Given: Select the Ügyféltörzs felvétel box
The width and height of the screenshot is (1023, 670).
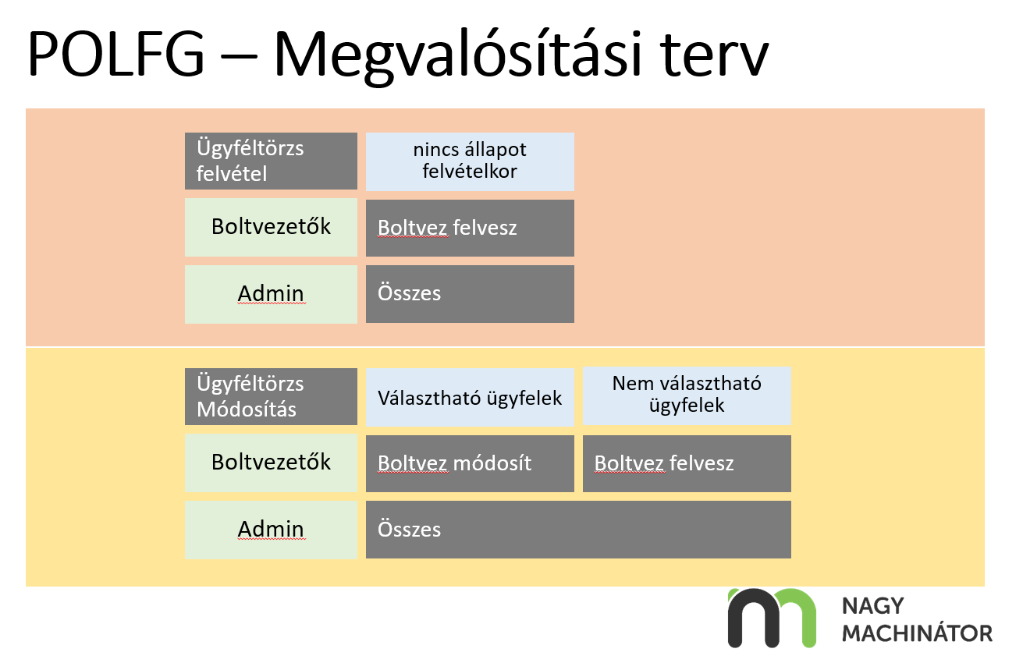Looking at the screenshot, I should [271, 161].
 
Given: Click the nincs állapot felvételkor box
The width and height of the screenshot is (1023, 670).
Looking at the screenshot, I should [470, 161].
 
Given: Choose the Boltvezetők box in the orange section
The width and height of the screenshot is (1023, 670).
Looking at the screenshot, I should [271, 227].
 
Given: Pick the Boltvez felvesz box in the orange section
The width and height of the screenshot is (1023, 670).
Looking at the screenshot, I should [470, 228].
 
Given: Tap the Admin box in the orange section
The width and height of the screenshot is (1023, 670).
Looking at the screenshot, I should [271, 294].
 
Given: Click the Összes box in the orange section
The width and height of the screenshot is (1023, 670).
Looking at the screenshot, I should [470, 294].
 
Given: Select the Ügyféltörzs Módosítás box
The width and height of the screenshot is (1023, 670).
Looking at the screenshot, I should [271, 396].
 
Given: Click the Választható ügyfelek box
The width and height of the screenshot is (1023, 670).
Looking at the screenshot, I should [470, 397].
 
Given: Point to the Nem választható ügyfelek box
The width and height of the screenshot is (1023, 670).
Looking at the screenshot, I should [687, 395].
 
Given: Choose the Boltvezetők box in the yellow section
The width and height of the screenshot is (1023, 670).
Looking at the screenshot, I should [271, 463].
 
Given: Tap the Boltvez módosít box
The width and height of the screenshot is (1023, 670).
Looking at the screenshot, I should [470, 463].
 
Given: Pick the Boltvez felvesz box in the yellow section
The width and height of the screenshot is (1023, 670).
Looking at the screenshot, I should [687, 463].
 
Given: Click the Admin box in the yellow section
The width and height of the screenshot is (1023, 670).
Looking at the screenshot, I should [271, 530].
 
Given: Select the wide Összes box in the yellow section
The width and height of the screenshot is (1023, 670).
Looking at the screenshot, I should [578, 530].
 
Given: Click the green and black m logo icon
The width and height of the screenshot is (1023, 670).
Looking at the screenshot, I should [771, 617].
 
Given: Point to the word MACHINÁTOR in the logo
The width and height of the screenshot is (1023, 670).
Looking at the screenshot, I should [917, 633].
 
